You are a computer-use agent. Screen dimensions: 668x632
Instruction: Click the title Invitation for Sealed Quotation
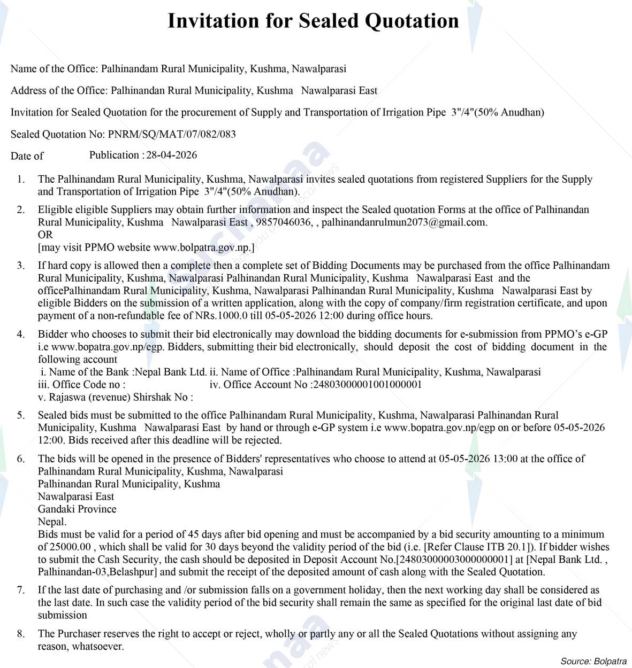[313, 21]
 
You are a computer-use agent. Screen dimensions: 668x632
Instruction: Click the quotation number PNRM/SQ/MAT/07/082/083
[172, 134]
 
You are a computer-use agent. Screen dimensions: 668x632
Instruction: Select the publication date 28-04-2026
[172, 155]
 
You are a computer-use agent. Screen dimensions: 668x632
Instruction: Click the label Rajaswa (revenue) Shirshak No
[118, 397]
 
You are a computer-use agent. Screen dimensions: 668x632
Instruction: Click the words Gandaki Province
[77, 509]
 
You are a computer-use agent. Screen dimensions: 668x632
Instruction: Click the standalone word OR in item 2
[45, 235]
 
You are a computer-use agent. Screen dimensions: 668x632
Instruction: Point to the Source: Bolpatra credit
[593, 661]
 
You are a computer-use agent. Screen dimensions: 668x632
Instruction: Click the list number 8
[21, 634]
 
